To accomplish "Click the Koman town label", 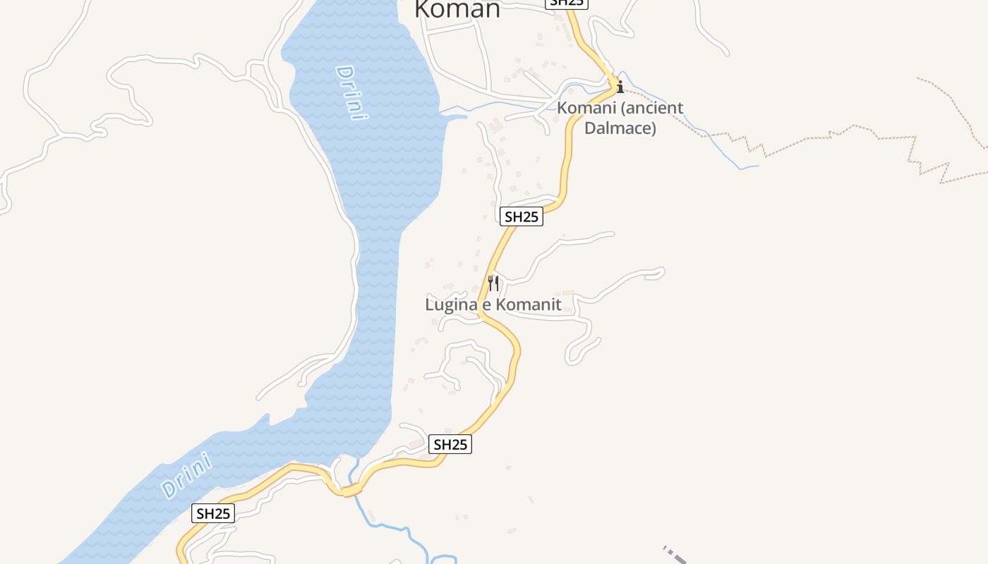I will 457,9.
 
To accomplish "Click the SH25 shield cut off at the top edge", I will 567,3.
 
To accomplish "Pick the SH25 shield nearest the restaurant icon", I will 522,217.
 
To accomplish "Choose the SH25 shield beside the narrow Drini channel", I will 213,513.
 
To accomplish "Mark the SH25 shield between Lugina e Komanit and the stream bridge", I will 450,444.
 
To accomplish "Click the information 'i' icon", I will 620,87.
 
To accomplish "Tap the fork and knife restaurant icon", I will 493,283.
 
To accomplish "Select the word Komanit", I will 528,305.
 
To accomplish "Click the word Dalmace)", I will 620,128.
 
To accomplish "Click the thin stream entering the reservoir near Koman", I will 494,105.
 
